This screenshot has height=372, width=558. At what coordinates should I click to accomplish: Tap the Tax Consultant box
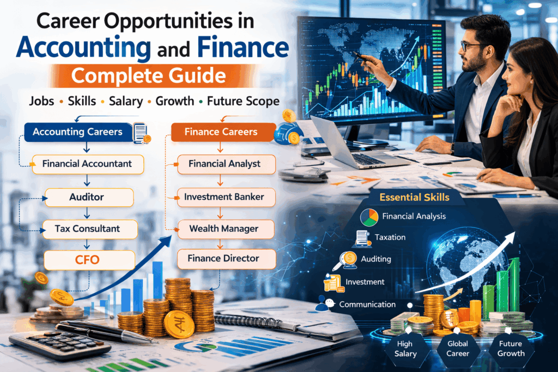(87, 228)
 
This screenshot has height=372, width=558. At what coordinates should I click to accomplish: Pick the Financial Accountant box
(87, 163)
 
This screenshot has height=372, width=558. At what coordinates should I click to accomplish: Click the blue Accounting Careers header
(77, 132)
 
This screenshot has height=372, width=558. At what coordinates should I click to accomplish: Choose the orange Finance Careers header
(221, 132)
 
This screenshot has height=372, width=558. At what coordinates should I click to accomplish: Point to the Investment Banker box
(224, 197)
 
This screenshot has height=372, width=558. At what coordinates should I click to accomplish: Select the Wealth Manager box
(224, 228)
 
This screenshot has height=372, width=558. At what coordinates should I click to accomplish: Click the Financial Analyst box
(224, 163)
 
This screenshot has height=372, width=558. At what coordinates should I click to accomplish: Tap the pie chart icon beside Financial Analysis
(369, 217)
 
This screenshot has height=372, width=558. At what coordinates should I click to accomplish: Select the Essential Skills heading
(415, 197)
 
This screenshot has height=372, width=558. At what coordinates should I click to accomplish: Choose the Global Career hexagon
(457, 348)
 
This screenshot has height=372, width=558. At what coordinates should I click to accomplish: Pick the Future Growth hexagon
(511, 348)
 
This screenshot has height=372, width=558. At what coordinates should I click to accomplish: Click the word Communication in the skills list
(367, 304)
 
